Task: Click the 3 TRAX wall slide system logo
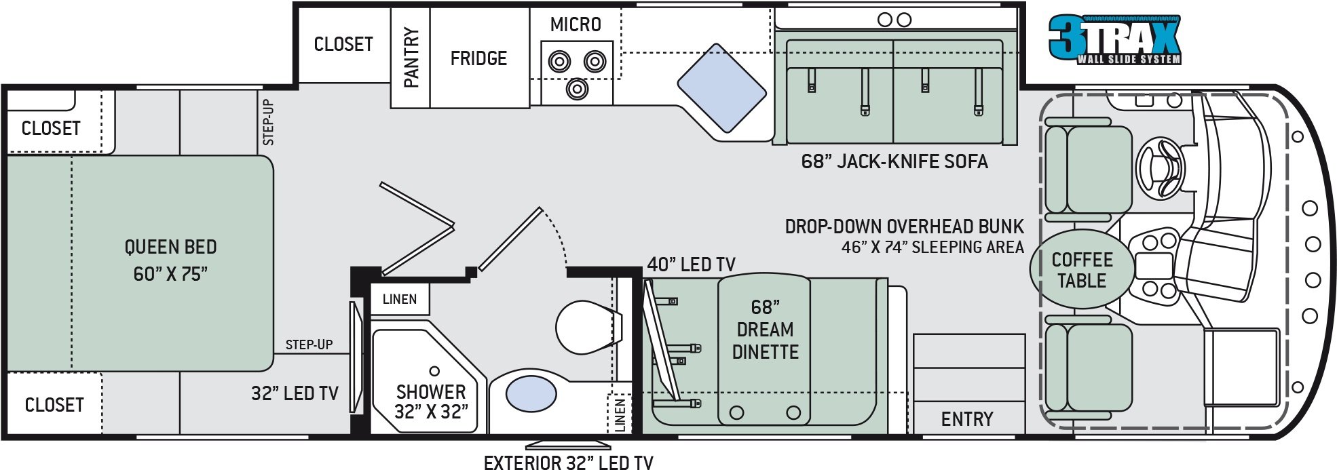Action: coord(1115,39)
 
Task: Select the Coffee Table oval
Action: coord(1082,270)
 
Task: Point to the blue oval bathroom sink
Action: coord(531,394)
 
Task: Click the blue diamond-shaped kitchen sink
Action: coord(721,88)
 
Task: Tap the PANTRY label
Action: coord(411,58)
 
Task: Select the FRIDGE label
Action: coord(478,58)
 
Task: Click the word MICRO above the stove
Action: coord(576,25)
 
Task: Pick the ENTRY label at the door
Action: coord(966,419)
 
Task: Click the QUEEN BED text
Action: coord(170,247)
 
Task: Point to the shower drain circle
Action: coord(434,371)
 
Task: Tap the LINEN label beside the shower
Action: coord(399,299)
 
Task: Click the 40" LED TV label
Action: coord(691,265)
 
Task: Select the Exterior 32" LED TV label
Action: coord(568,463)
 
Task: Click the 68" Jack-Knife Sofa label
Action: coord(894,161)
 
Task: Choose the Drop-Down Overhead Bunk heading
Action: coord(904,227)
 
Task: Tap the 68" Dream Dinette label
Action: coord(765,330)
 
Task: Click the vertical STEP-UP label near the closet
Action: coord(269,122)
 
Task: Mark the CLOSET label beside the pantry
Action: coord(343,44)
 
